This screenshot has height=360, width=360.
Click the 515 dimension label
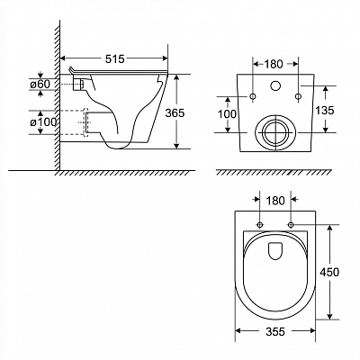tap(114, 59)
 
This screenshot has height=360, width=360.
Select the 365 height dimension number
tap(175, 113)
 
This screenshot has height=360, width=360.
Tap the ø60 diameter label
tap(40, 85)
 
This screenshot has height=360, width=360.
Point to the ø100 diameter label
tap(43, 122)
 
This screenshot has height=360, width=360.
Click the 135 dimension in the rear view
tap(325, 111)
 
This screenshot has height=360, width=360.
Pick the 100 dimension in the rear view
tap(227, 114)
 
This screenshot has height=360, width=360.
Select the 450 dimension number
tap(329, 272)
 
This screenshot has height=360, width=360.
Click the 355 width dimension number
tap(275, 332)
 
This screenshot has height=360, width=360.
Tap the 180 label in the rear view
tap(274, 64)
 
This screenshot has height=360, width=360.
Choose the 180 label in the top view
tap(275, 201)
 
